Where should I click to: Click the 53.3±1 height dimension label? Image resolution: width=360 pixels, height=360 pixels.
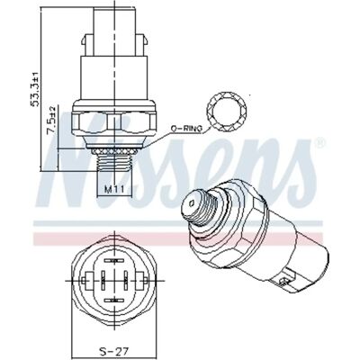click(x=36, y=89)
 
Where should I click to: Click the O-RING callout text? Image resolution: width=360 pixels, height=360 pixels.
click(x=186, y=129)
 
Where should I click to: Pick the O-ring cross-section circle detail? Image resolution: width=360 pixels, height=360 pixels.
click(x=227, y=111)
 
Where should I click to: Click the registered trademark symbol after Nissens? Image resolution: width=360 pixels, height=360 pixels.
click(x=320, y=142)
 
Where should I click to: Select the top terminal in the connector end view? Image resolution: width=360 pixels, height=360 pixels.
click(x=114, y=261)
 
